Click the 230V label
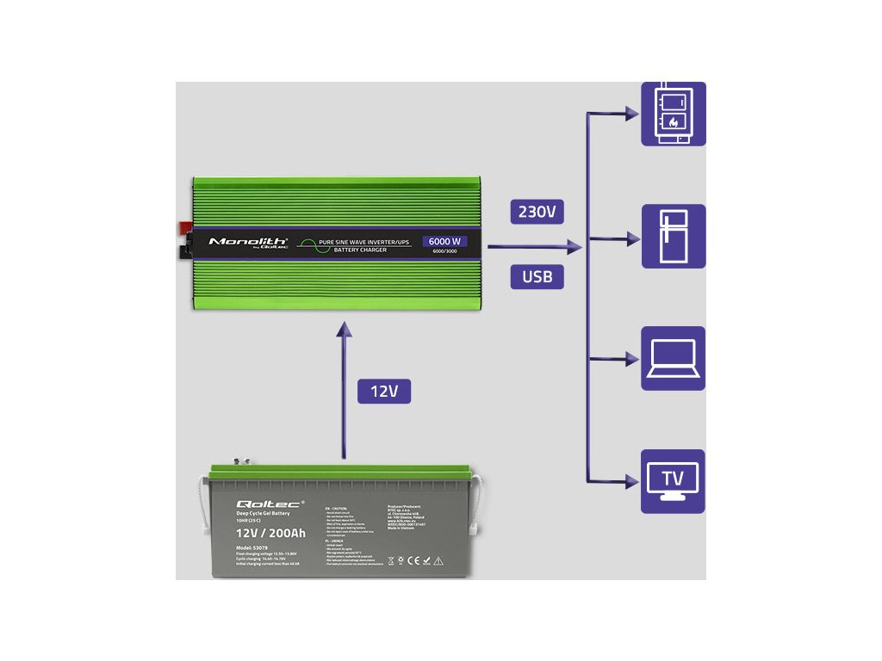tap(537, 210)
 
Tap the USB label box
tap(537, 276)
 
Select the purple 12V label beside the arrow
tap(383, 392)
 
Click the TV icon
tap(673, 481)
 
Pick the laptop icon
tap(673, 359)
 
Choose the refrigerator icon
tap(673, 237)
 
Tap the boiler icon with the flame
tap(673, 113)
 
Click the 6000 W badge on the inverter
tap(444, 241)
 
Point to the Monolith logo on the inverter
tap(248, 242)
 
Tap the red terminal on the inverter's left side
tap(184, 228)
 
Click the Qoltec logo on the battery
tap(268, 503)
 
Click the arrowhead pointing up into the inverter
tap(345, 330)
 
